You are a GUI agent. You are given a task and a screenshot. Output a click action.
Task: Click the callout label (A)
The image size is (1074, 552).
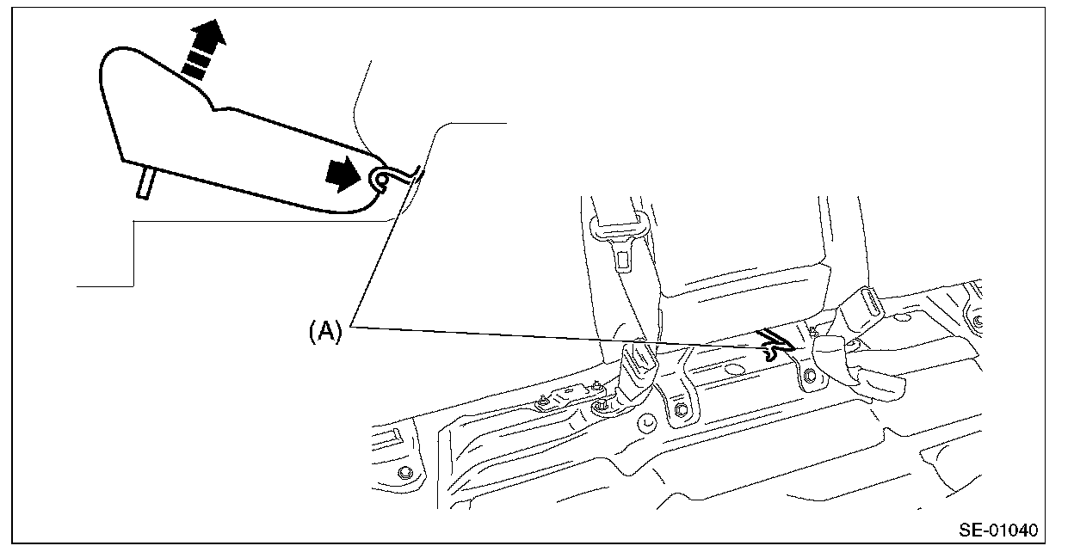(325, 330)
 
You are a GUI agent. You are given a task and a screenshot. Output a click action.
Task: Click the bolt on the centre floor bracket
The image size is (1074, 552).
(679, 409)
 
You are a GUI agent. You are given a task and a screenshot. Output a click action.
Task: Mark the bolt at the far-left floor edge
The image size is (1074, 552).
(404, 474)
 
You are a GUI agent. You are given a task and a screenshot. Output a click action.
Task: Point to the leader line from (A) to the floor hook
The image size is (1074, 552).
(559, 336)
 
